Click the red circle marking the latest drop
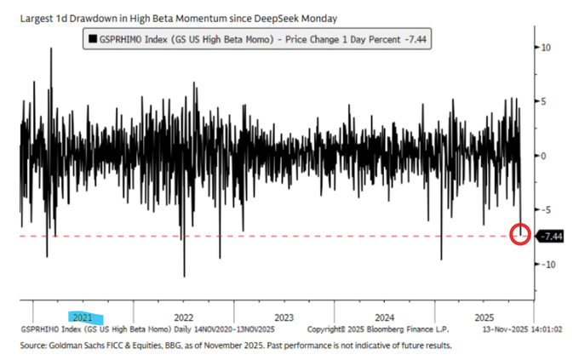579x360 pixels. [519, 234]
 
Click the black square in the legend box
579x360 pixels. [91, 38]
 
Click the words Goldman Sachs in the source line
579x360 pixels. [79, 346]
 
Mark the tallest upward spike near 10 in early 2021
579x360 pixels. [51, 49]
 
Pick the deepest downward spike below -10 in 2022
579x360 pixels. [184, 276]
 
